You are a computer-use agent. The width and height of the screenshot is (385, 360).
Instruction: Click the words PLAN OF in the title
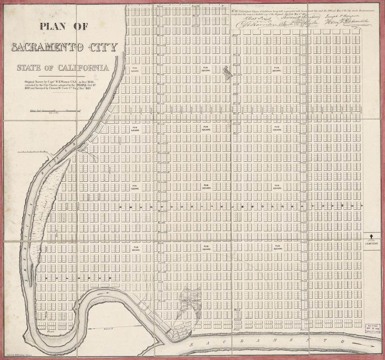pos(64,26)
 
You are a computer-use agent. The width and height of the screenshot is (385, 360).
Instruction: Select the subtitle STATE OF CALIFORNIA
pos(63,67)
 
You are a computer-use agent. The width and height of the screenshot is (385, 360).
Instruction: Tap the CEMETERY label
pos(372,243)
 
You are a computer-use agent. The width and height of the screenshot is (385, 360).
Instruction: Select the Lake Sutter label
pos(191,300)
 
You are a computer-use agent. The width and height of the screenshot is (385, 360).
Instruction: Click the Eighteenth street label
pos(163,163)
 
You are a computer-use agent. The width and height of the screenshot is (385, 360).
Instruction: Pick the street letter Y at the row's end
pos(362,206)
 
